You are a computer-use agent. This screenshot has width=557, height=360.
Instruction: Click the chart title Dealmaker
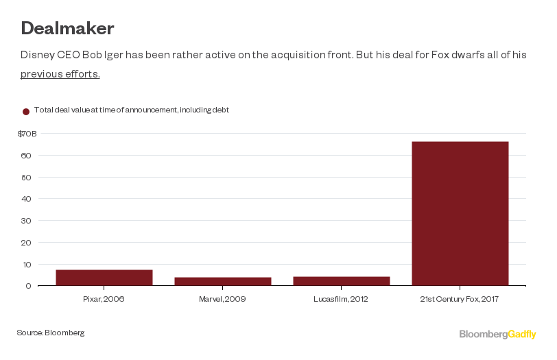tap(67, 29)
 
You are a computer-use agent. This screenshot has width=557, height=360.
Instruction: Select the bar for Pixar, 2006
tap(104, 278)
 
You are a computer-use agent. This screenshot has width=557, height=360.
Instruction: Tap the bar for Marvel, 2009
tap(222, 281)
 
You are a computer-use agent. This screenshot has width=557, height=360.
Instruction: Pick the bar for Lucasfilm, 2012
tap(341, 281)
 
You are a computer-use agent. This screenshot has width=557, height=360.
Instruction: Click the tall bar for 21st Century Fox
tap(460, 213)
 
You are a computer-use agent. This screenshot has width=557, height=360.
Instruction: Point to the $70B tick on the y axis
tap(27, 134)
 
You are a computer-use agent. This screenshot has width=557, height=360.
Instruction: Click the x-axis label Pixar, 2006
tap(104, 299)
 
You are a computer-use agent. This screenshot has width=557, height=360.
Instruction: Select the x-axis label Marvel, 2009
tap(222, 299)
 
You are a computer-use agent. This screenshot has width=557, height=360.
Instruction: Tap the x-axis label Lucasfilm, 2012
tap(341, 299)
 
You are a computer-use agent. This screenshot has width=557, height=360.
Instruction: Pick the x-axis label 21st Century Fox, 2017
tap(460, 299)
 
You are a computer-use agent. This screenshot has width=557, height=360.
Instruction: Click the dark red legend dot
tap(26, 111)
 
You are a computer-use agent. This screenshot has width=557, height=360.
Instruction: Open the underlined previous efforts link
tap(60, 74)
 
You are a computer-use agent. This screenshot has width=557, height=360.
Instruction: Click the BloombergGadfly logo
tap(497, 334)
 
